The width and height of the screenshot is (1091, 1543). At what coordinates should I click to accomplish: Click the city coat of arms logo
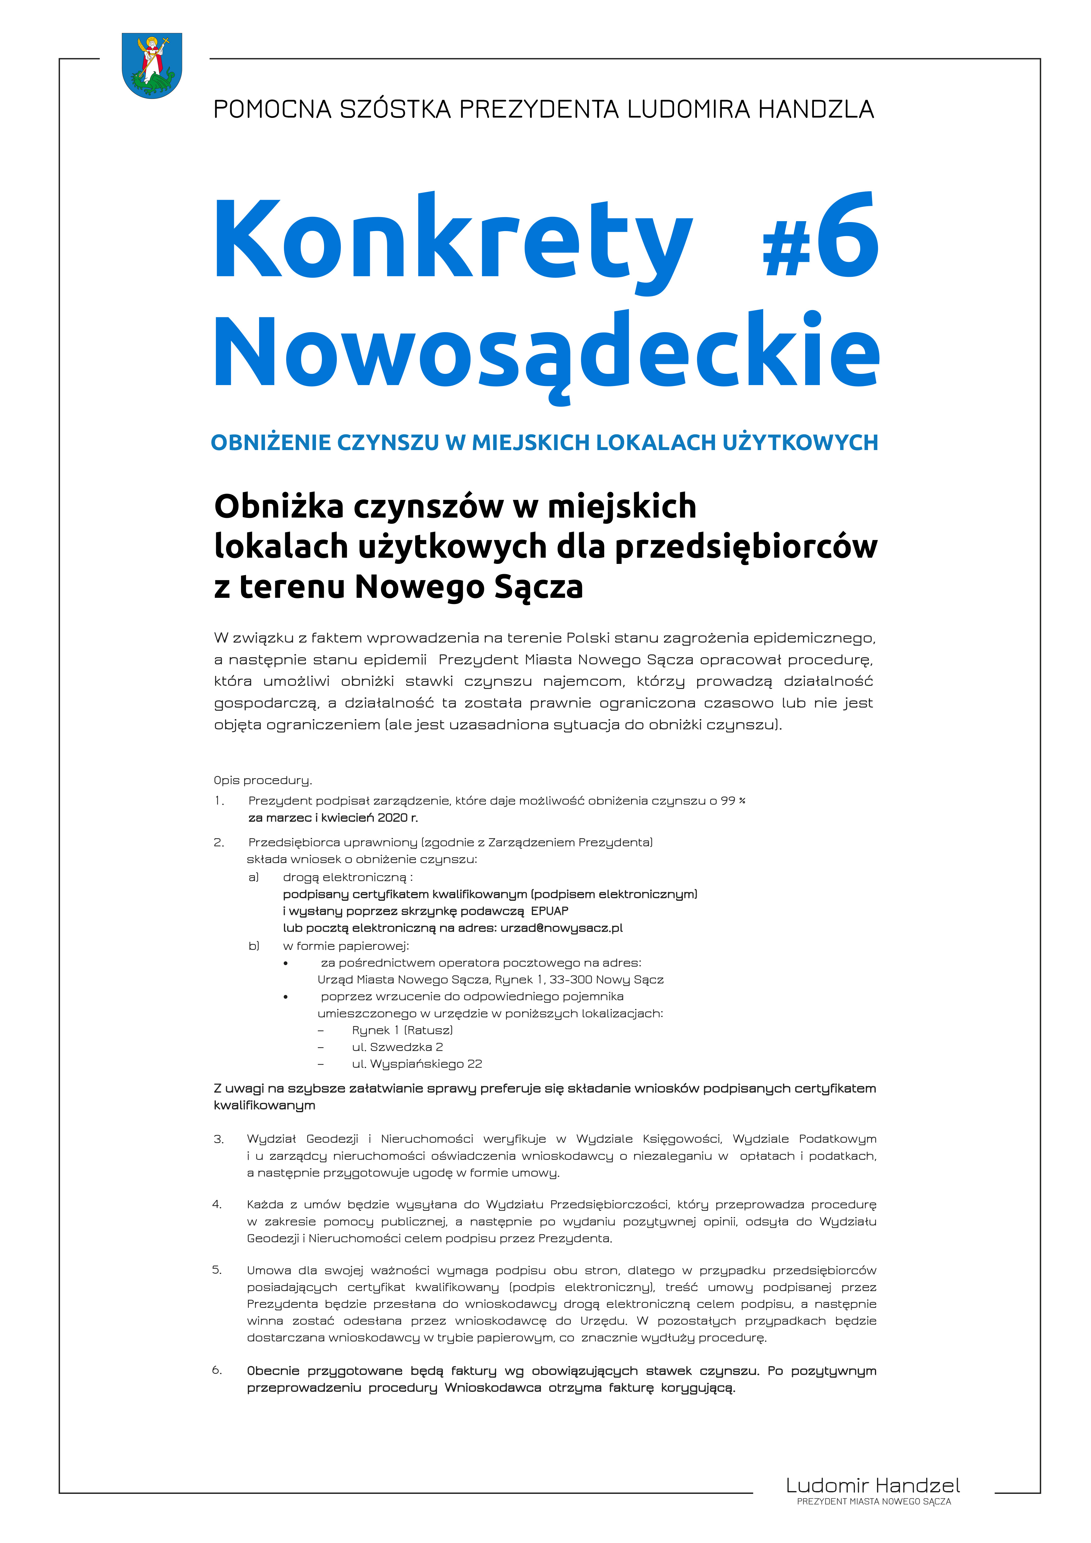pyautogui.click(x=152, y=65)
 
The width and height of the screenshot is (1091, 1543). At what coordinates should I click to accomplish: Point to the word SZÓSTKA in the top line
pyautogui.click(x=395, y=109)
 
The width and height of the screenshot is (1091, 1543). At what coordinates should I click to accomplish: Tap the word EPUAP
pyautogui.click(x=550, y=911)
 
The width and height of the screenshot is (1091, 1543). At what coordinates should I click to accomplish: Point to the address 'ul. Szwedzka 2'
pyautogui.click(x=397, y=1047)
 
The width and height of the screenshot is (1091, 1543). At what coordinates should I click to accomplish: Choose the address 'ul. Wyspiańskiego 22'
pyautogui.click(x=416, y=1064)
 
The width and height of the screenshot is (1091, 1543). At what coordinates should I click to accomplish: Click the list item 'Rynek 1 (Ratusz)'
pyautogui.click(x=402, y=1030)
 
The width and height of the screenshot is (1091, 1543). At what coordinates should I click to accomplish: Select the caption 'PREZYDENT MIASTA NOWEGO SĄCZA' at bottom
pyautogui.click(x=873, y=1501)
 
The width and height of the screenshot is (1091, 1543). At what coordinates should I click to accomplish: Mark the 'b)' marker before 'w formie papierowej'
pyautogui.click(x=254, y=946)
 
